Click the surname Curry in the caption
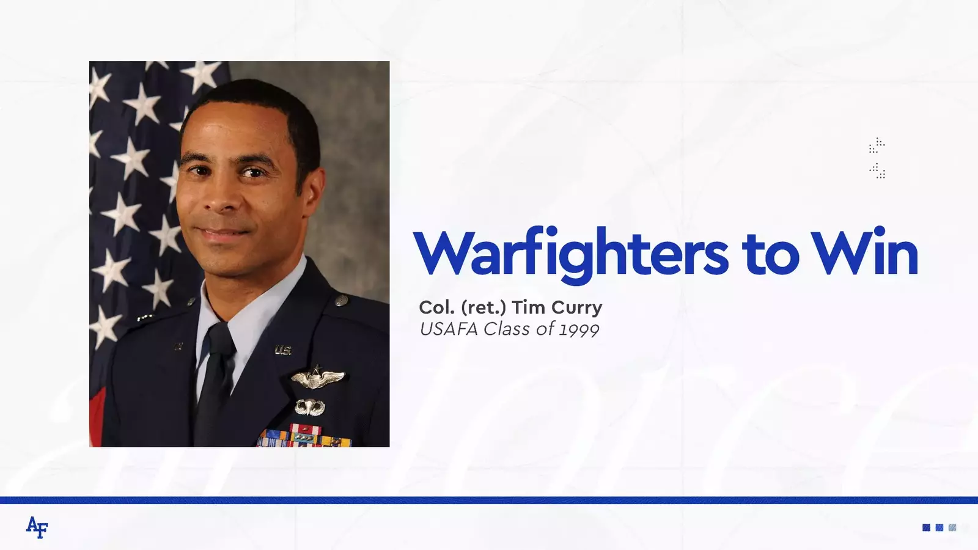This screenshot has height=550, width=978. [x=577, y=308]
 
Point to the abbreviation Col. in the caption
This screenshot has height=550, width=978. [x=438, y=307]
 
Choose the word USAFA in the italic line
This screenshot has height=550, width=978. [x=449, y=329]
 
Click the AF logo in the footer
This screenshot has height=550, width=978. [x=37, y=527]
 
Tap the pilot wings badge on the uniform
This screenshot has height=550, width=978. [x=318, y=378]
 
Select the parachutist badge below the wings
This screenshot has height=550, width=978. [x=309, y=407]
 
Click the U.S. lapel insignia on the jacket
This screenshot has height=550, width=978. [x=283, y=350]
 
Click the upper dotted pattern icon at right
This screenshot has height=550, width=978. [x=877, y=145]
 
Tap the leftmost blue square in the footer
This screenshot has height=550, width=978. [x=926, y=528]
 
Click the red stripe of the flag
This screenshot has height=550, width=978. [x=96, y=417]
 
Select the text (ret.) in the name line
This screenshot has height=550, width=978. [x=484, y=308]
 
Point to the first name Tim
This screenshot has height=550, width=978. [x=529, y=307]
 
